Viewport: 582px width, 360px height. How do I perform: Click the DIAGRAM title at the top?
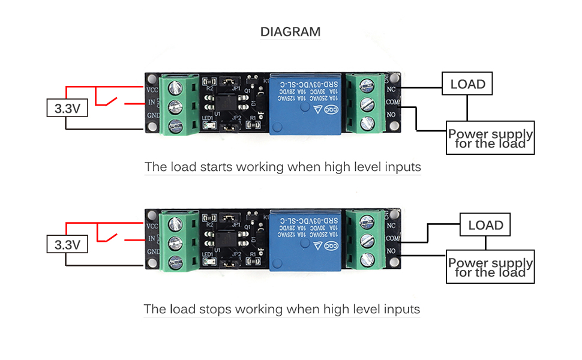[x=290, y=32]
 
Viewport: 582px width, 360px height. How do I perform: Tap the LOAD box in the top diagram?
[x=467, y=84]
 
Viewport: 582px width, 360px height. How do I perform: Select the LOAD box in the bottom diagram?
[x=485, y=225]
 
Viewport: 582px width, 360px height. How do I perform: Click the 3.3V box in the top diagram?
[x=67, y=109]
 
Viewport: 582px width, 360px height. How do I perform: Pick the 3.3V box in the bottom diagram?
[x=67, y=245]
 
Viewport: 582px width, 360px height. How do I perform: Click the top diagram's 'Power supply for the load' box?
[x=490, y=138]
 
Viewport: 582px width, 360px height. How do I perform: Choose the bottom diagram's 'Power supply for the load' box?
[x=490, y=267]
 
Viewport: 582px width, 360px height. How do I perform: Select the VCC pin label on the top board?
[x=152, y=89]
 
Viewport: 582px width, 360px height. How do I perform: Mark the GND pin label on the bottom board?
[x=152, y=251]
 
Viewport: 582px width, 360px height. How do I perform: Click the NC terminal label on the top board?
[x=392, y=90]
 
